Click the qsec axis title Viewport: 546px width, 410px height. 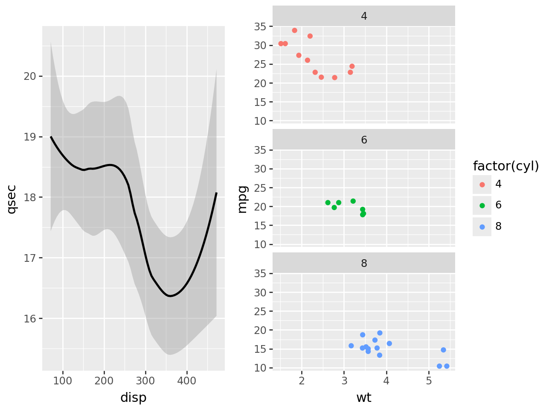[x=12, y=199]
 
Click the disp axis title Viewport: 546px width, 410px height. [x=133, y=398]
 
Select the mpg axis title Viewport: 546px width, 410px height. [x=242, y=199]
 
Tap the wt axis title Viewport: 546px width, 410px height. [x=363, y=398]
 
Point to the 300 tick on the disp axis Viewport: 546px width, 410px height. [x=145, y=381]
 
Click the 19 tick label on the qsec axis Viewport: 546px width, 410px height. [x=30, y=137]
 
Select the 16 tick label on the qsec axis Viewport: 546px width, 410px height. [x=30, y=319]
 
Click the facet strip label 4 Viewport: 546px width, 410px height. [x=363, y=16]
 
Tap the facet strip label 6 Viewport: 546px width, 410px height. [x=363, y=140]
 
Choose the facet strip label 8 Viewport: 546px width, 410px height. [x=363, y=263]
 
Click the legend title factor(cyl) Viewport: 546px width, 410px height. [x=505, y=166]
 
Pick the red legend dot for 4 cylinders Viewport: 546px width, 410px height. [x=482, y=184]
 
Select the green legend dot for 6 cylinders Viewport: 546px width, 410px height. [x=482, y=205]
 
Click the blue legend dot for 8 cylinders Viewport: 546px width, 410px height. [x=482, y=227]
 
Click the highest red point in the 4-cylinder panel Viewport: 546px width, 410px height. [x=294, y=30]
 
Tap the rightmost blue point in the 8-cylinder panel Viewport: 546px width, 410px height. [x=447, y=366]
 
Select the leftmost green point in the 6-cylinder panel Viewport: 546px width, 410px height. [x=328, y=202]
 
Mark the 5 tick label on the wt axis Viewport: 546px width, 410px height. [x=429, y=381]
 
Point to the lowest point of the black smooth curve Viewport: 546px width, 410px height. [x=170, y=296]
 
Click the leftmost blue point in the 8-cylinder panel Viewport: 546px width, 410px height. [x=351, y=346]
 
